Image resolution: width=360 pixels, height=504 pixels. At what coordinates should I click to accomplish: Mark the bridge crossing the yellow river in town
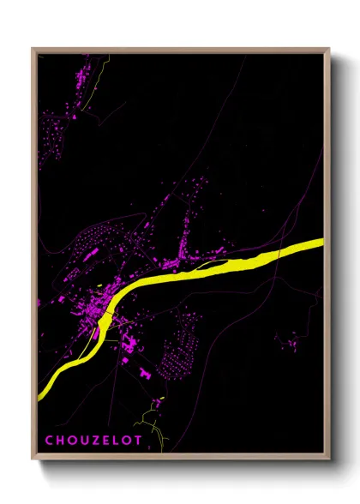tap(106, 316)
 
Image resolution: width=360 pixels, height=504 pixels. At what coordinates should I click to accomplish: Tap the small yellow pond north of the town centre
tap(100, 285)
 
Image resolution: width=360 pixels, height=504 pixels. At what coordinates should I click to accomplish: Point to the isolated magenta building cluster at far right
tap(292, 344)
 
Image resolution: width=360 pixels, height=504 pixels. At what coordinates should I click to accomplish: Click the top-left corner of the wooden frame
tap(33, 50)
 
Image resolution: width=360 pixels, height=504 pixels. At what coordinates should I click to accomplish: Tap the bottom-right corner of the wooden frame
tap(328, 459)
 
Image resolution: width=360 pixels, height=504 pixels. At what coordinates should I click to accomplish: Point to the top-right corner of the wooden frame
tap(328, 50)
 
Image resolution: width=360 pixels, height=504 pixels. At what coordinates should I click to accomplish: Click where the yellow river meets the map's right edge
tap(323, 243)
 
